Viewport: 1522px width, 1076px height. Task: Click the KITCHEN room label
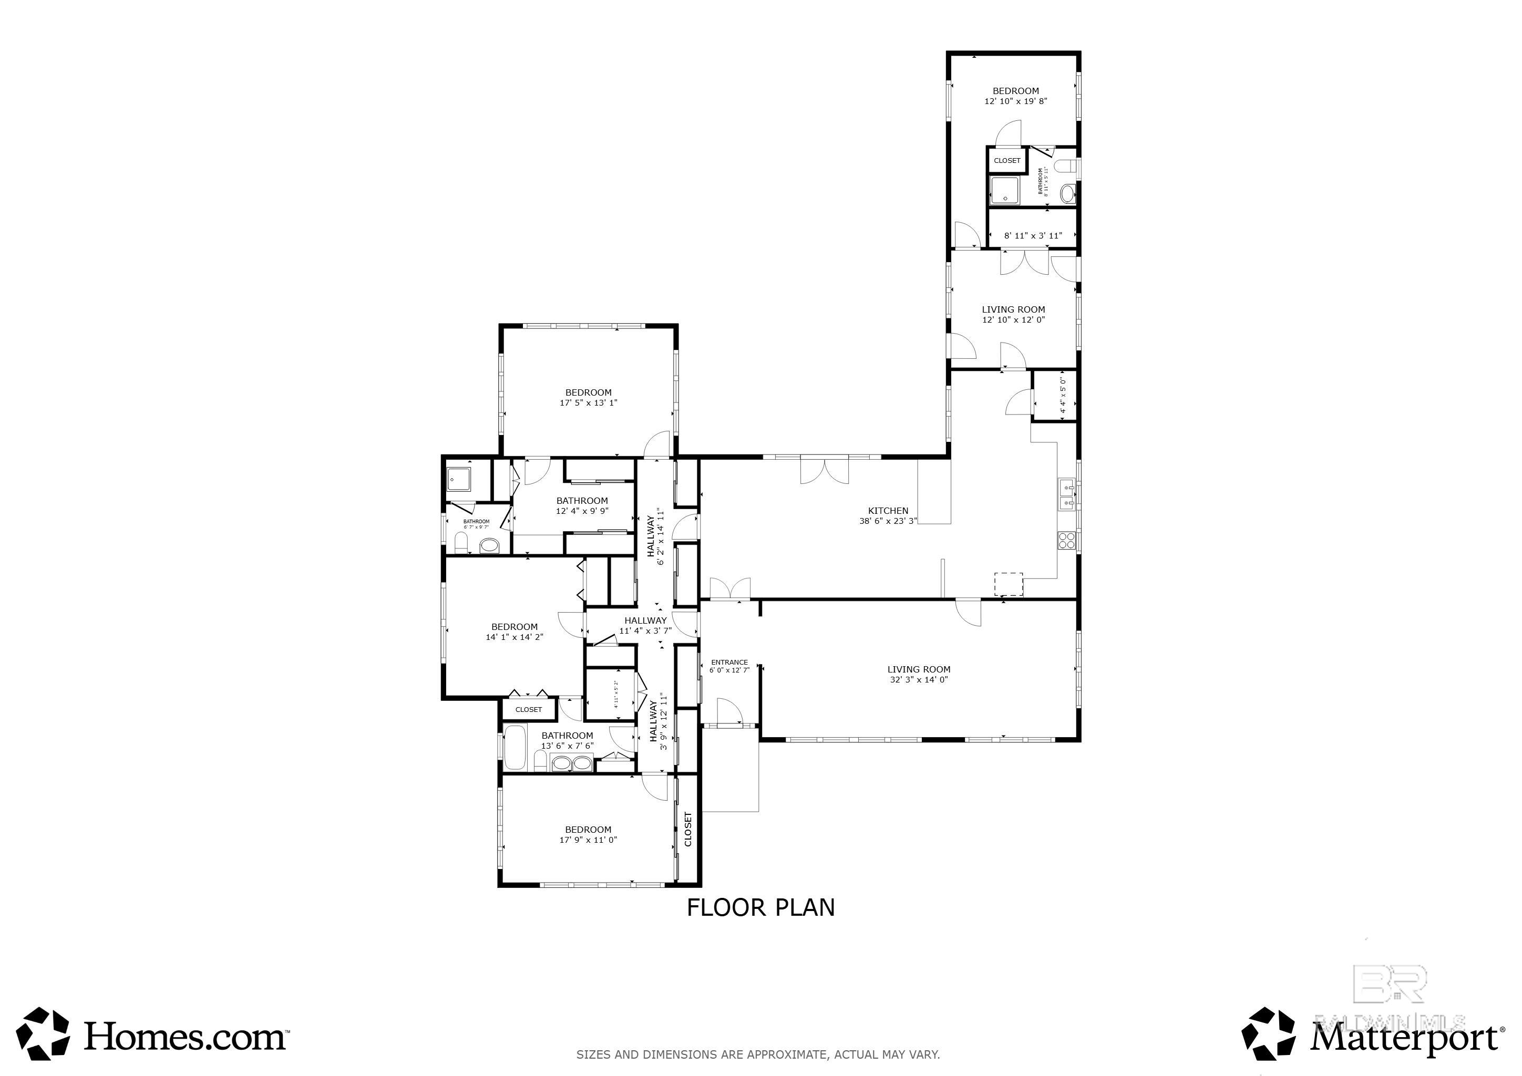[888, 511]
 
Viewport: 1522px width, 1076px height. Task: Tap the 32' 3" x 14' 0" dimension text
[919, 680]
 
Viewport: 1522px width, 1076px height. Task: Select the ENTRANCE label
[729, 662]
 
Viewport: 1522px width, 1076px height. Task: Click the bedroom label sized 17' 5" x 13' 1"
[588, 393]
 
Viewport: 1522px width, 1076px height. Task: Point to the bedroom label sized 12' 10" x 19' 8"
[1015, 91]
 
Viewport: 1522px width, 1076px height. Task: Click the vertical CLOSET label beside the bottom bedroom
[688, 829]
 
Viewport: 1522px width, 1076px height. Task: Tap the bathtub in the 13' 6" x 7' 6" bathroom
[515, 748]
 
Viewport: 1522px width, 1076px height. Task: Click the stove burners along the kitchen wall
[1066, 540]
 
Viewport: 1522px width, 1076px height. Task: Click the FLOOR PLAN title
[760, 907]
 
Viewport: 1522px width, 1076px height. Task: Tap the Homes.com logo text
[185, 1036]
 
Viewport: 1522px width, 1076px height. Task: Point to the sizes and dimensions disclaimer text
[758, 1054]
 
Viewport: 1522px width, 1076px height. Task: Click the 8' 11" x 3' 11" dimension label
[1033, 235]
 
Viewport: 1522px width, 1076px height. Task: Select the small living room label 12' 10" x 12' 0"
[1013, 309]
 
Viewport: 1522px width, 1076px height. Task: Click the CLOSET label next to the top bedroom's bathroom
[1007, 160]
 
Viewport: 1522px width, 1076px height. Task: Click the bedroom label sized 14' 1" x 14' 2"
[515, 627]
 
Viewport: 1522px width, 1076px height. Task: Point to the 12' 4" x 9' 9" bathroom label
[582, 501]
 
